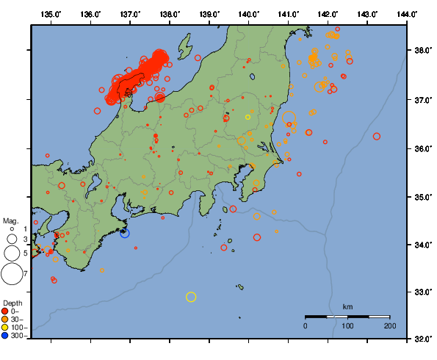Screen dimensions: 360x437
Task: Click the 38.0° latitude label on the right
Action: tap(422, 51)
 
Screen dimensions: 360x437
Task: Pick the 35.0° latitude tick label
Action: tap(422, 197)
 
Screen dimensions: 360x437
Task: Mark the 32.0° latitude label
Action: tap(422, 339)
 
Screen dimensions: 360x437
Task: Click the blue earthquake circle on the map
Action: tap(125, 233)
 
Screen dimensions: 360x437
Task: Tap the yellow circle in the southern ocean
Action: tap(191, 297)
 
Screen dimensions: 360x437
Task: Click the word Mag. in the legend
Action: tap(10, 220)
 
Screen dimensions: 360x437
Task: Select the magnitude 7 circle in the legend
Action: tap(11, 274)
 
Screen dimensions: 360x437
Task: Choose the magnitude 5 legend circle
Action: tap(11, 253)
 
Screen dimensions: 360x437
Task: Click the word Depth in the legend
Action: tap(12, 303)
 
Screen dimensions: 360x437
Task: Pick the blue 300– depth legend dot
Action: tap(5, 336)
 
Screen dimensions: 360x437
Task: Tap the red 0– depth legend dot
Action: tap(5, 311)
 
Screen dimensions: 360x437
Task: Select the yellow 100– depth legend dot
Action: tap(5, 328)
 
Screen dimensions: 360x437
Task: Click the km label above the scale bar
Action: tap(348, 306)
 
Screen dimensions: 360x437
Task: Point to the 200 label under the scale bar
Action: tap(390, 325)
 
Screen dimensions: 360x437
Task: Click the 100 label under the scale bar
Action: tap(348, 325)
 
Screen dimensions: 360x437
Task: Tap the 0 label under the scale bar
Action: tap(306, 325)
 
